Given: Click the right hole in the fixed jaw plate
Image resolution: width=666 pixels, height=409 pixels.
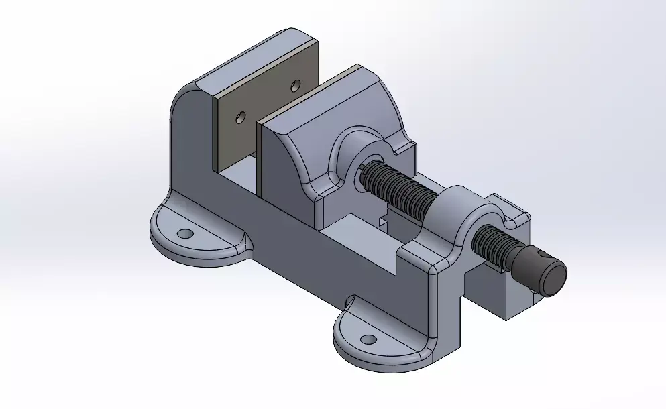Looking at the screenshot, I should pos(295,85).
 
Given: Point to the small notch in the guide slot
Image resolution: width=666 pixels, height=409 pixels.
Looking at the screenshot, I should pos(384,219).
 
